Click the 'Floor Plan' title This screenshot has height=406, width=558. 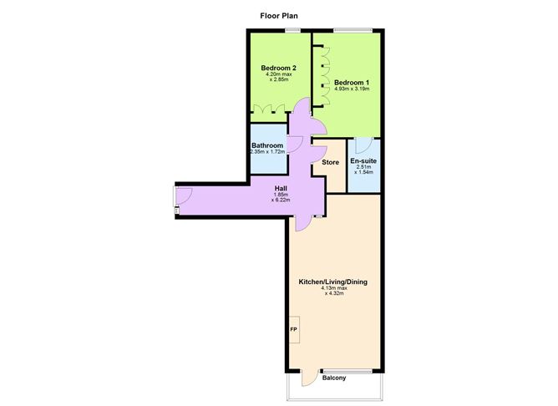tap(279, 15)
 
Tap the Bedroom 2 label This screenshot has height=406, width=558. tap(278, 68)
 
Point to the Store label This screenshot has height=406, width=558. tap(331, 162)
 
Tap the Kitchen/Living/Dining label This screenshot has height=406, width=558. tap(333, 282)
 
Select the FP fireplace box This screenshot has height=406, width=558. tap(293, 329)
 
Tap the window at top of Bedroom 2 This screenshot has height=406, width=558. tap(292, 31)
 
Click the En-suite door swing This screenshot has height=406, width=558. tap(357, 144)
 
